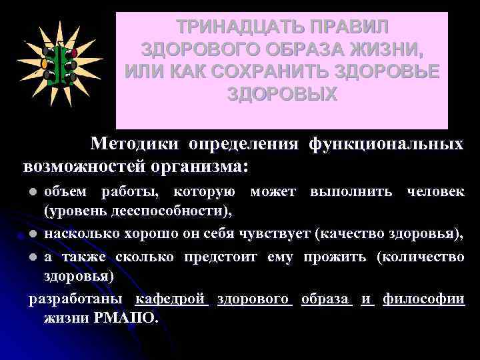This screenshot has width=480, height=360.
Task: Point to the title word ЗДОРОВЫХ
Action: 283,93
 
